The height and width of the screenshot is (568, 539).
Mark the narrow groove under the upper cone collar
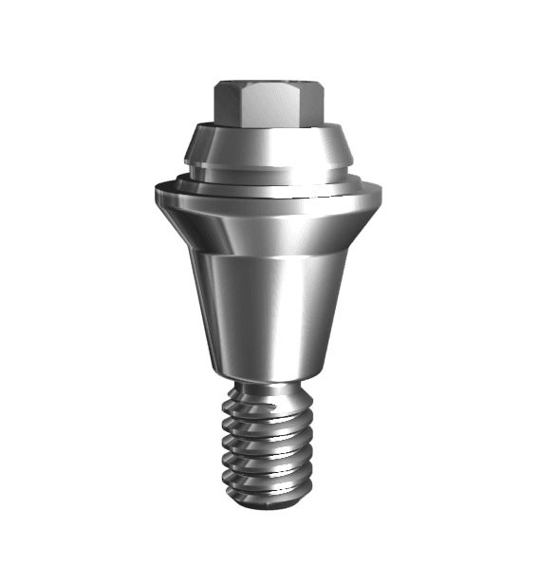click(269, 172)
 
